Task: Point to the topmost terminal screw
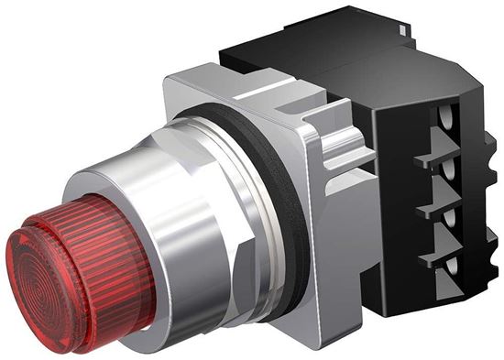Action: point(448,120)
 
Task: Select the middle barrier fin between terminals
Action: point(431,209)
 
